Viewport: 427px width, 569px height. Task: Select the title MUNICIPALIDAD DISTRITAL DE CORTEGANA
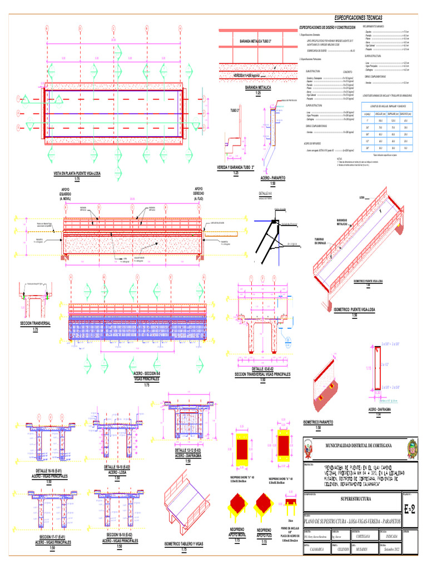(355, 445)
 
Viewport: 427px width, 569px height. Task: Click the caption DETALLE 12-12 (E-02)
(187, 452)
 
